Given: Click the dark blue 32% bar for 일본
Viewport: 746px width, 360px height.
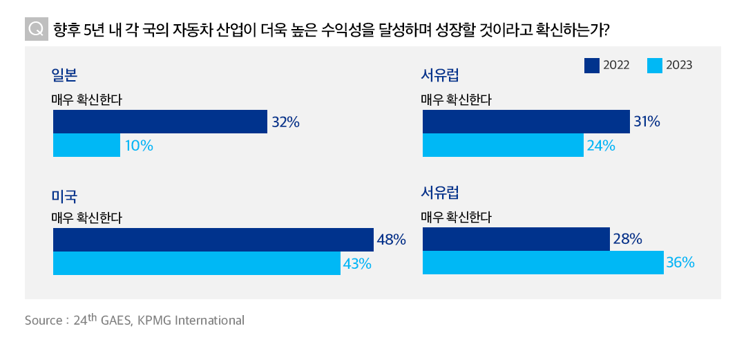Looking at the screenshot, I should (x=160, y=122).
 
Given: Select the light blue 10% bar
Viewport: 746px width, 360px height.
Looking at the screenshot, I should (x=86, y=145).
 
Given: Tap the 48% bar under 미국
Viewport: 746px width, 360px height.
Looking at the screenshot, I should (x=213, y=240).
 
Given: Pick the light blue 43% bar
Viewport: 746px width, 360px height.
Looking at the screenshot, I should (x=196, y=263).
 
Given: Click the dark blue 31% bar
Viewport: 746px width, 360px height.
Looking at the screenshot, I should (x=526, y=122).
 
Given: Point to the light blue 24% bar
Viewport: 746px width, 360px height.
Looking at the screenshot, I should (x=503, y=145).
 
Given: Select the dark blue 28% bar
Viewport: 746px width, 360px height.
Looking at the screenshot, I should (x=516, y=239).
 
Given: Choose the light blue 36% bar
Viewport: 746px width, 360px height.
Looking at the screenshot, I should (x=543, y=263).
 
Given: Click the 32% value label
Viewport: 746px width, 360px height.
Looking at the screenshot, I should (x=285, y=122).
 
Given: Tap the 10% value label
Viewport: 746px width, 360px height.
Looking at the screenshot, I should (x=139, y=146).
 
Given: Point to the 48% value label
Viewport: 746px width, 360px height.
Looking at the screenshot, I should (x=391, y=240).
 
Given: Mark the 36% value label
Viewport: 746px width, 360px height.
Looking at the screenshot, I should (x=680, y=263).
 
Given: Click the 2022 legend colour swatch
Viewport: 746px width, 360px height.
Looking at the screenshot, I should (x=591, y=65).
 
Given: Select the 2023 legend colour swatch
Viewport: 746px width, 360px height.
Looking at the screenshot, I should (x=654, y=65).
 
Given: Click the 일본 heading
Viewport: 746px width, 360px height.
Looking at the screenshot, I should (x=64, y=75).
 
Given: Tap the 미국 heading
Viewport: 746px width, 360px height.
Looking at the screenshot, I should (x=64, y=196).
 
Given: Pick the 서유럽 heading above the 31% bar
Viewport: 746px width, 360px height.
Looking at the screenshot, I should (x=440, y=75).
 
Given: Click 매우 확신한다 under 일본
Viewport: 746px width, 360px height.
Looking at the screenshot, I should (x=86, y=100).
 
